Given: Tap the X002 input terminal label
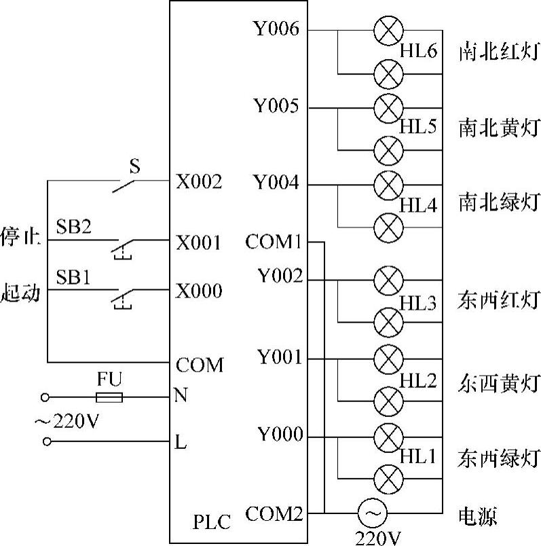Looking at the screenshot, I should [199, 181].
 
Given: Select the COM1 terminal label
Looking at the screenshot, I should [274, 242].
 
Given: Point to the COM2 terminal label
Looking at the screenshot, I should [274, 514].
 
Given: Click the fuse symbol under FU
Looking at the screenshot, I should [109, 397].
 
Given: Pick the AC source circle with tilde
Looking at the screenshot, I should [372, 514].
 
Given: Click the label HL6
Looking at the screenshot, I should [417, 50].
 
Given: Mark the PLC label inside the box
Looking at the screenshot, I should [212, 522].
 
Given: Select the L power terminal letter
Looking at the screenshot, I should [181, 443].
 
